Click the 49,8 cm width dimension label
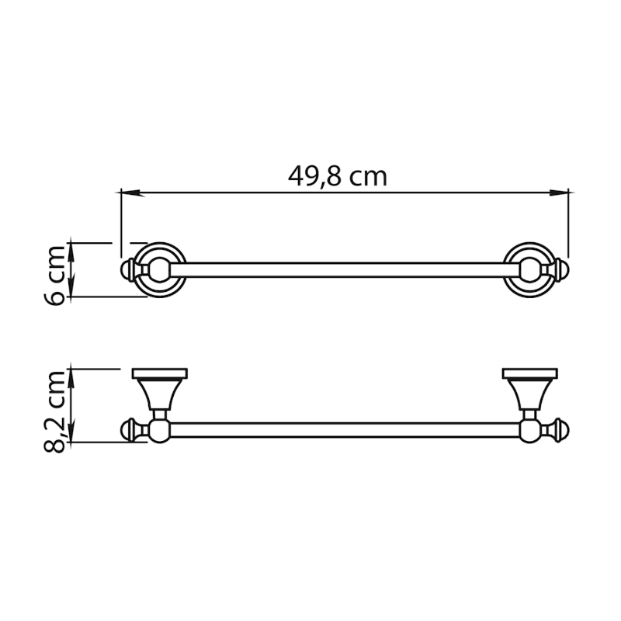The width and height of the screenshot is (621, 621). (337, 176)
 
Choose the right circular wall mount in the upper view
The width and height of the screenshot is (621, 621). (530, 270)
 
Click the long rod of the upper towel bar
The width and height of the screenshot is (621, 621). (342, 270)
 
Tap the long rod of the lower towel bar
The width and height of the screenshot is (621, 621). (342, 429)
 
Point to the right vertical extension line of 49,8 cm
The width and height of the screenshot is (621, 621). (569, 225)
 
